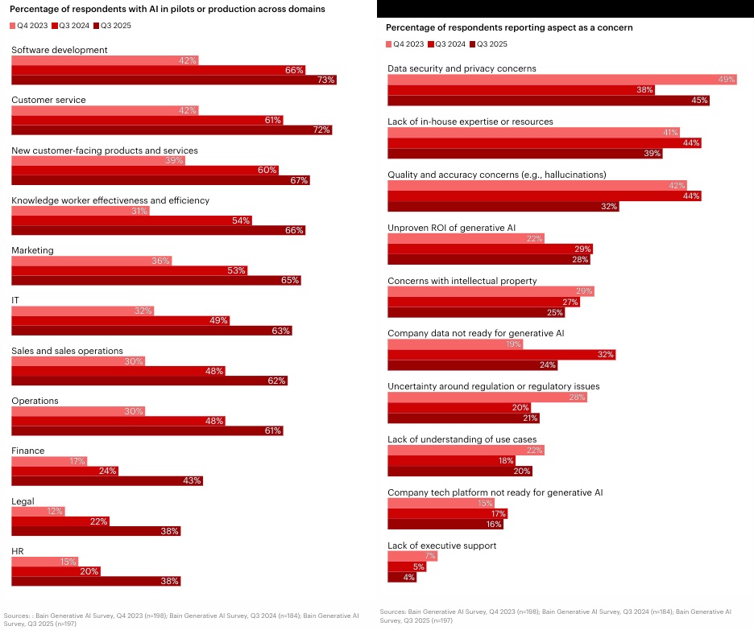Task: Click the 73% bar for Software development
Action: pyautogui.click(x=173, y=80)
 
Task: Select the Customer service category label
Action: pyautogui.click(x=48, y=100)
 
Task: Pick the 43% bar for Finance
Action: pyautogui.click(x=106, y=480)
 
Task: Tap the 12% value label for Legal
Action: pyautogui.click(x=53, y=511)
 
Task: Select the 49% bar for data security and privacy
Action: pyautogui.click(x=561, y=80)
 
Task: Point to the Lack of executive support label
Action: pyautogui.click(x=441, y=546)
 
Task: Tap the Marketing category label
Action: pyautogui.click(x=32, y=250)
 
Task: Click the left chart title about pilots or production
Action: pyautogui.click(x=167, y=10)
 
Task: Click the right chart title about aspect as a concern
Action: pyautogui.click(x=510, y=27)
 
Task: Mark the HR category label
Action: pyautogui.click(x=17, y=551)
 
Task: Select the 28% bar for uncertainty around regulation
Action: pyautogui.click(x=487, y=397)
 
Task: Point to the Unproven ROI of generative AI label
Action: pyautogui.click(x=451, y=228)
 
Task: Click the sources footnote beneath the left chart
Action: pyautogui.click(x=181, y=619)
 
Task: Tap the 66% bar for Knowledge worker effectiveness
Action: pyautogui.click(x=158, y=230)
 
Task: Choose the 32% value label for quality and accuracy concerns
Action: pyautogui.click(x=609, y=206)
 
